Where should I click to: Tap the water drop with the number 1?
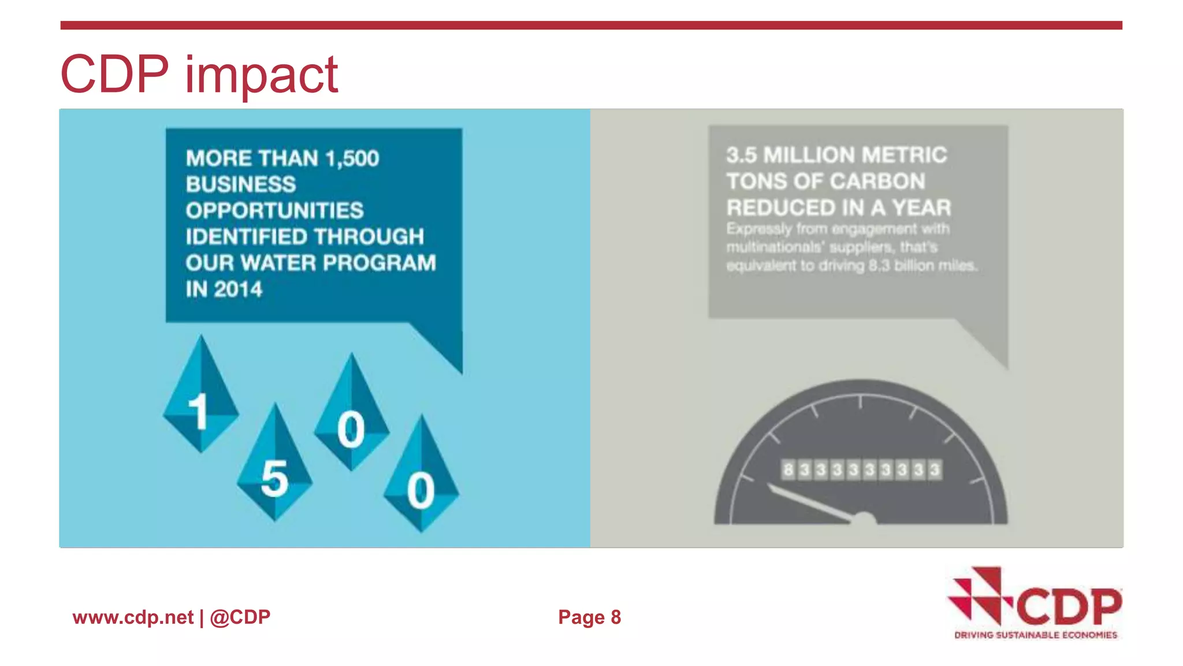pos(200,399)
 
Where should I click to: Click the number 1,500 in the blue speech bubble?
pos(352,158)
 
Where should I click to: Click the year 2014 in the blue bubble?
pos(238,289)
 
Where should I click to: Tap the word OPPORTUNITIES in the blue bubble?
pos(274,210)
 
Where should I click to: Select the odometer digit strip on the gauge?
pos(861,469)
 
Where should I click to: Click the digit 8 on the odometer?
pos(788,469)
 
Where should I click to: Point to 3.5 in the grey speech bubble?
pos(741,155)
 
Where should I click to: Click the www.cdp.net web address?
pos(133,617)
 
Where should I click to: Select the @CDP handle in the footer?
pos(240,617)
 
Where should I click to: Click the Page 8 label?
pos(589,617)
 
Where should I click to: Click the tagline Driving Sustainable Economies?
pos(1035,635)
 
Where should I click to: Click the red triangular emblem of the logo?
pos(979,595)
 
